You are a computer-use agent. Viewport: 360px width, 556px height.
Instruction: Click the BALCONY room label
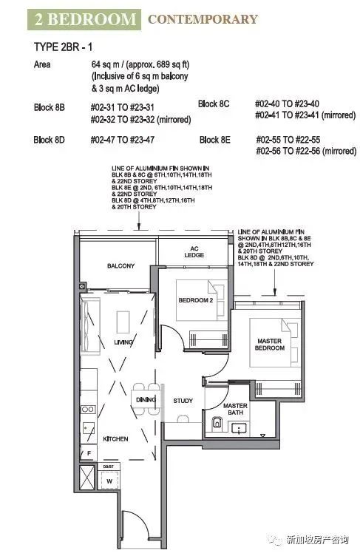coord(121,265)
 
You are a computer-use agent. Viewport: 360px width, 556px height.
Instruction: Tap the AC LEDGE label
coord(194,252)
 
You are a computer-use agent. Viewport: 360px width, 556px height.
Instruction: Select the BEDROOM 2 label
coord(195,300)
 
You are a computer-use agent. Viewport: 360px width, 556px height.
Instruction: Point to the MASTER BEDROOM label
coord(270,345)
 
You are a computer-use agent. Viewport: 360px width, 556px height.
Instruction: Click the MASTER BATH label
coord(236,409)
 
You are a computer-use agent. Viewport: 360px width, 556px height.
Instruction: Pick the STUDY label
coord(183,401)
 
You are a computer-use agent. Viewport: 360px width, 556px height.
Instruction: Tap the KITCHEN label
coord(115,439)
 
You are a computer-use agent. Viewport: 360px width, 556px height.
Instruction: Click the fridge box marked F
coord(89,452)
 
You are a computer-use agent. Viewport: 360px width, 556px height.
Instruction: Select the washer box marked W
coord(109,481)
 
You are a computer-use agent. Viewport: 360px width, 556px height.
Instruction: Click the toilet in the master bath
coord(216,424)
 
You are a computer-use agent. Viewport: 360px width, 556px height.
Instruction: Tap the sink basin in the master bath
coord(239,428)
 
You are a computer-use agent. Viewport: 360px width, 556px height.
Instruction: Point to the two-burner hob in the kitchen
coord(88,410)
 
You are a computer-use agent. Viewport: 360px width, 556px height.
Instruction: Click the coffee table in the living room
coord(123,322)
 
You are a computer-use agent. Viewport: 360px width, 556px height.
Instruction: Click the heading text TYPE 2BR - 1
coord(63,47)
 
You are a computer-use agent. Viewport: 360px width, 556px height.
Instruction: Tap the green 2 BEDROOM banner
coord(84,19)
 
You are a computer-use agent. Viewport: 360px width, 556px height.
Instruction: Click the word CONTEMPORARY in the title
coord(203,19)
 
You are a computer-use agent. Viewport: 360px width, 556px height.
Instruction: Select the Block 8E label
coord(215,140)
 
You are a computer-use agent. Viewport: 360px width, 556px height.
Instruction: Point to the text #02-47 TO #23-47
coord(123,140)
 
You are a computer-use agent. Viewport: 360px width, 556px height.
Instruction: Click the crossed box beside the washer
coord(87,478)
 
